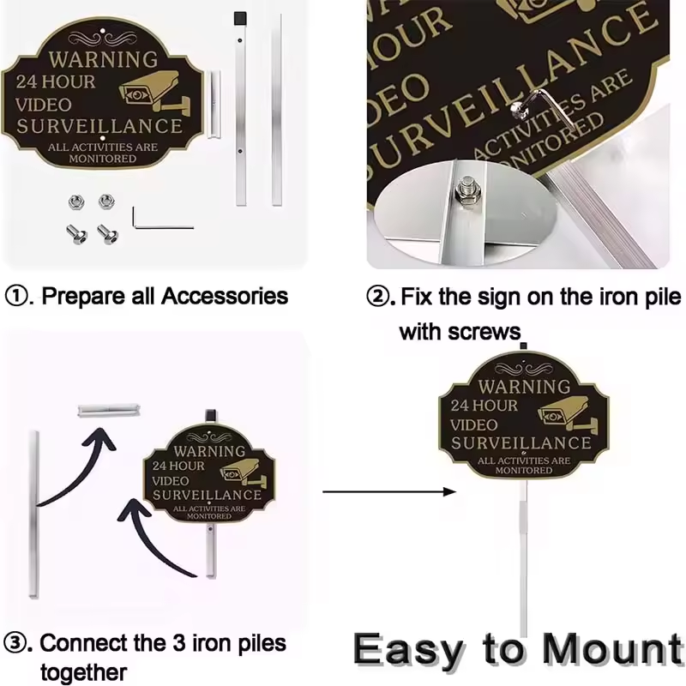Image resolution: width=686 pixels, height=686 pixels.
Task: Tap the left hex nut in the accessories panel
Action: tap(76, 202)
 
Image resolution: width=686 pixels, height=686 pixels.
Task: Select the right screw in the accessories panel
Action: tap(107, 234)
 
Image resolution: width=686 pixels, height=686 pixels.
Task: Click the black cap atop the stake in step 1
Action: tap(240, 18)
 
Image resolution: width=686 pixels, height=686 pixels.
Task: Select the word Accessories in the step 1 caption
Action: tap(225, 296)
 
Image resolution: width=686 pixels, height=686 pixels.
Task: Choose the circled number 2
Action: tap(377, 297)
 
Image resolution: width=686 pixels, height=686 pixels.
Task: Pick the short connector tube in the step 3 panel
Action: tap(109, 411)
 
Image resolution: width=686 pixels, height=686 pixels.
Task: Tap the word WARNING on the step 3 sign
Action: tap(209, 451)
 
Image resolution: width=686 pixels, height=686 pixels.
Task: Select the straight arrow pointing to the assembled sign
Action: tap(389, 491)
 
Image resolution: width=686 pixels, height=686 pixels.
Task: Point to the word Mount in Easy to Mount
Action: tap(612, 650)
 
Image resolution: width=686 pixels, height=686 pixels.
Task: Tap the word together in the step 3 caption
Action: tap(83, 672)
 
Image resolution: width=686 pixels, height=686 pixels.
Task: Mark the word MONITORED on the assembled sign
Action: tap(524, 470)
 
